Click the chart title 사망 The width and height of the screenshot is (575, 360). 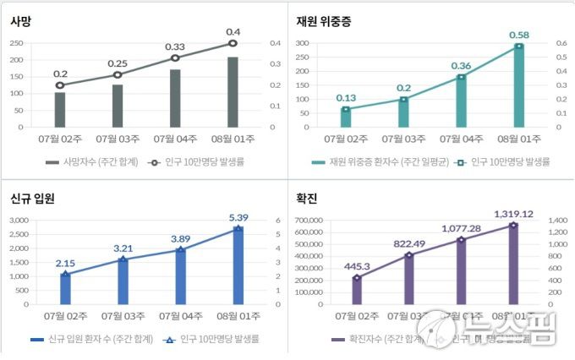21,22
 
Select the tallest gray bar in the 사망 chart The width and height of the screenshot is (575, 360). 233,92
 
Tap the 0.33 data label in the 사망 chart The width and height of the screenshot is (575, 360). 175,46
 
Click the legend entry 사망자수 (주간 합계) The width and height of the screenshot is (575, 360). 96,161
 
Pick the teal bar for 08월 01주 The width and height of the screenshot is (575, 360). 518,85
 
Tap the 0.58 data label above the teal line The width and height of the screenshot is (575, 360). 519,35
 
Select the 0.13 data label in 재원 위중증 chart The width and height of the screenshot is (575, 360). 346,97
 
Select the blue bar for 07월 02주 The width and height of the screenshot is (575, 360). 65,288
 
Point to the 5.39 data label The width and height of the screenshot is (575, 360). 238,217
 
